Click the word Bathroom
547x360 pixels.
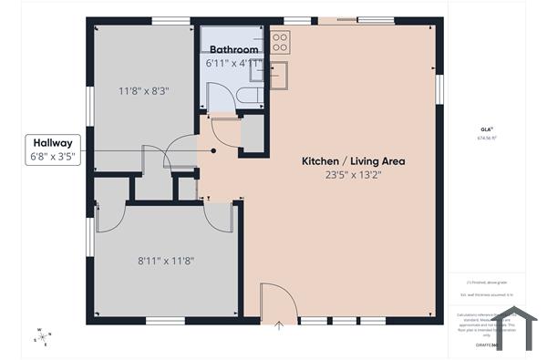[x=234, y=49]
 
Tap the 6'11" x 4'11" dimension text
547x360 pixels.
[x=234, y=64]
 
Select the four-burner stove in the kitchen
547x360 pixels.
[x=280, y=42]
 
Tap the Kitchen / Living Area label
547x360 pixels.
[x=354, y=161]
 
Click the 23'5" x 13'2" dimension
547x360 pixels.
[x=354, y=176]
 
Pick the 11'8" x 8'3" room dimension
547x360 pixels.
[x=144, y=91]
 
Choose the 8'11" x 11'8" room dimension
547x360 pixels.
[x=166, y=261]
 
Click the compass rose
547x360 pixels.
[x=42, y=336]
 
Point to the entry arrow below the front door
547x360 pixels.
[x=279, y=324]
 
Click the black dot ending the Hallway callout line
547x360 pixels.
[x=213, y=150]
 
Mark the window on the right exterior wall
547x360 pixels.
[x=439, y=89]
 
